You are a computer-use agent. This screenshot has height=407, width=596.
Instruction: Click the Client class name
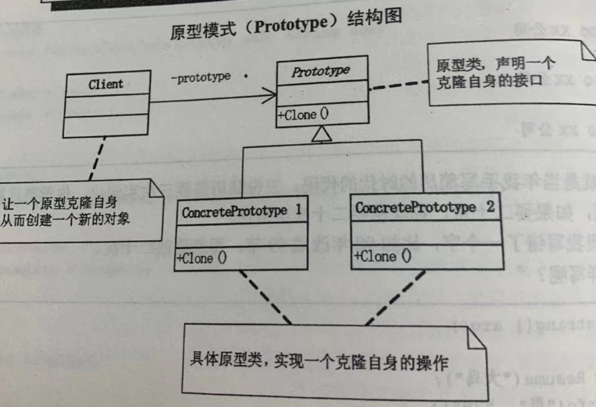[106, 84]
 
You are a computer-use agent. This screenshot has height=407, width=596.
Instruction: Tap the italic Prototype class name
[320, 72]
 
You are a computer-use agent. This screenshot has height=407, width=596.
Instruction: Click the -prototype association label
[201, 77]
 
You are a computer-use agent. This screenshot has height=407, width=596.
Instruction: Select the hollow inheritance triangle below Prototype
[321, 133]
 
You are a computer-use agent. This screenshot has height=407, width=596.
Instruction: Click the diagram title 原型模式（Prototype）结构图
[286, 31]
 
